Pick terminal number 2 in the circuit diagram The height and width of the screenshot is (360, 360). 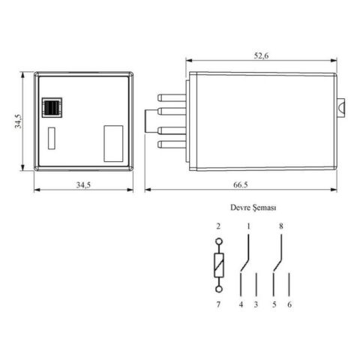pos(219,226)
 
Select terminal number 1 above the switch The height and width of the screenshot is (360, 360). pos(248,226)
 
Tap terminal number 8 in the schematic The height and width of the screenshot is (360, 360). pos(281,226)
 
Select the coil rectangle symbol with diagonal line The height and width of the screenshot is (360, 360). pos(219,265)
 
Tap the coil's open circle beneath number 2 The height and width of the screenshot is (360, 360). pos(219,242)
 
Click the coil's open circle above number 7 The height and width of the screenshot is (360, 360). pos(219,288)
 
